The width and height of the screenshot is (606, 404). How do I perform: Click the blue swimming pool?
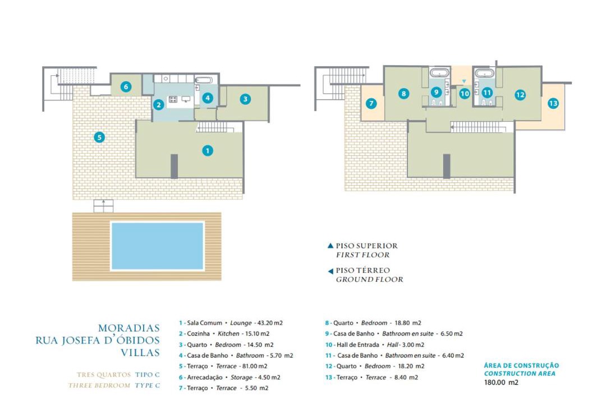pyautogui.click(x=157, y=246)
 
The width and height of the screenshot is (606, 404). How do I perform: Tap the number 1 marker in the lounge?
pyautogui.click(x=208, y=150)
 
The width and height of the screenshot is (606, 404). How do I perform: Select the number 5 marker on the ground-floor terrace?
pyautogui.click(x=99, y=137)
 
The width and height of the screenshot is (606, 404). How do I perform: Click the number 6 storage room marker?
pyautogui.click(x=126, y=86)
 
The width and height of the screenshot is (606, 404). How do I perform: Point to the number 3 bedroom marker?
pyautogui.click(x=245, y=99)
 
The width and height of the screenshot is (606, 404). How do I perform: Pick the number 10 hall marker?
pyautogui.click(x=465, y=93)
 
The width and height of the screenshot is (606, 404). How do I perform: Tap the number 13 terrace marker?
pyautogui.click(x=553, y=103)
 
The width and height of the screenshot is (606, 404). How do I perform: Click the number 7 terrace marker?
pyautogui.click(x=371, y=103)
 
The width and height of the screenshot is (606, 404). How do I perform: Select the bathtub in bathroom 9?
pyautogui.click(x=440, y=73)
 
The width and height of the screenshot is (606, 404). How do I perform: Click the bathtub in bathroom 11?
pyautogui.click(x=483, y=73)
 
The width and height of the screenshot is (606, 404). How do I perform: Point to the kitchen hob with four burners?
pyautogui.click(x=173, y=99)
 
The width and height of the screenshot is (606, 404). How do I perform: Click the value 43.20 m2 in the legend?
pyautogui.click(x=270, y=323)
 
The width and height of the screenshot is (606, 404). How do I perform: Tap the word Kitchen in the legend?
pyautogui.click(x=228, y=334)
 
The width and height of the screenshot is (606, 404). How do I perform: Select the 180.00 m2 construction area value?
pyautogui.click(x=501, y=382)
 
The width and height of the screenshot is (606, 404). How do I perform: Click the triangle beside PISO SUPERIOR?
pyautogui.click(x=330, y=246)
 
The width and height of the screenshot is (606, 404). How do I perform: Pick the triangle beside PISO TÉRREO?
pyautogui.click(x=330, y=272)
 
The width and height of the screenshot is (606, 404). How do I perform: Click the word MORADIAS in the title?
pyautogui.click(x=128, y=328)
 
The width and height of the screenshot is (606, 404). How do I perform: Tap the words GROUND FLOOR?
pyautogui.click(x=369, y=279)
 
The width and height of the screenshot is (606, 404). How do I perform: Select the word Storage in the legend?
pyautogui.click(x=241, y=377)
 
